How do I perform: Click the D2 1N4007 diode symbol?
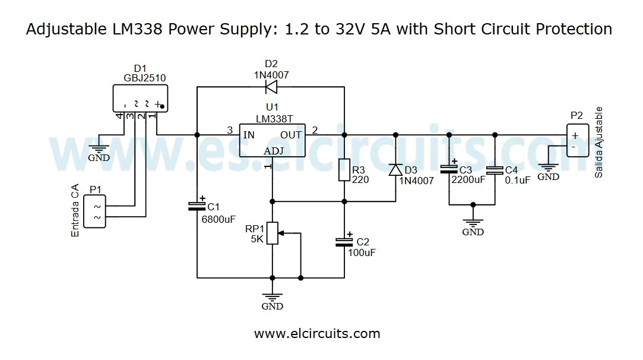tap(271, 87)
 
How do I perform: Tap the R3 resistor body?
tap(344, 170)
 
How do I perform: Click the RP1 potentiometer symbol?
tap(273, 233)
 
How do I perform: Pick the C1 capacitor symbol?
tap(197, 206)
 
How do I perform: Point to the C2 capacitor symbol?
tap(344, 241)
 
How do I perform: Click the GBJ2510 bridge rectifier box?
tap(140, 98)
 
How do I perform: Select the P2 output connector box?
tap(578, 140)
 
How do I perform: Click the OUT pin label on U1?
tap(292, 135)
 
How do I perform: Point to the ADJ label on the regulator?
tap(274, 151)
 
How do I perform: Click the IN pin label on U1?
tap(249, 135)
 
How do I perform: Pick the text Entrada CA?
tap(75, 211)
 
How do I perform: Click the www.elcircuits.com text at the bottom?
tap(317, 334)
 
